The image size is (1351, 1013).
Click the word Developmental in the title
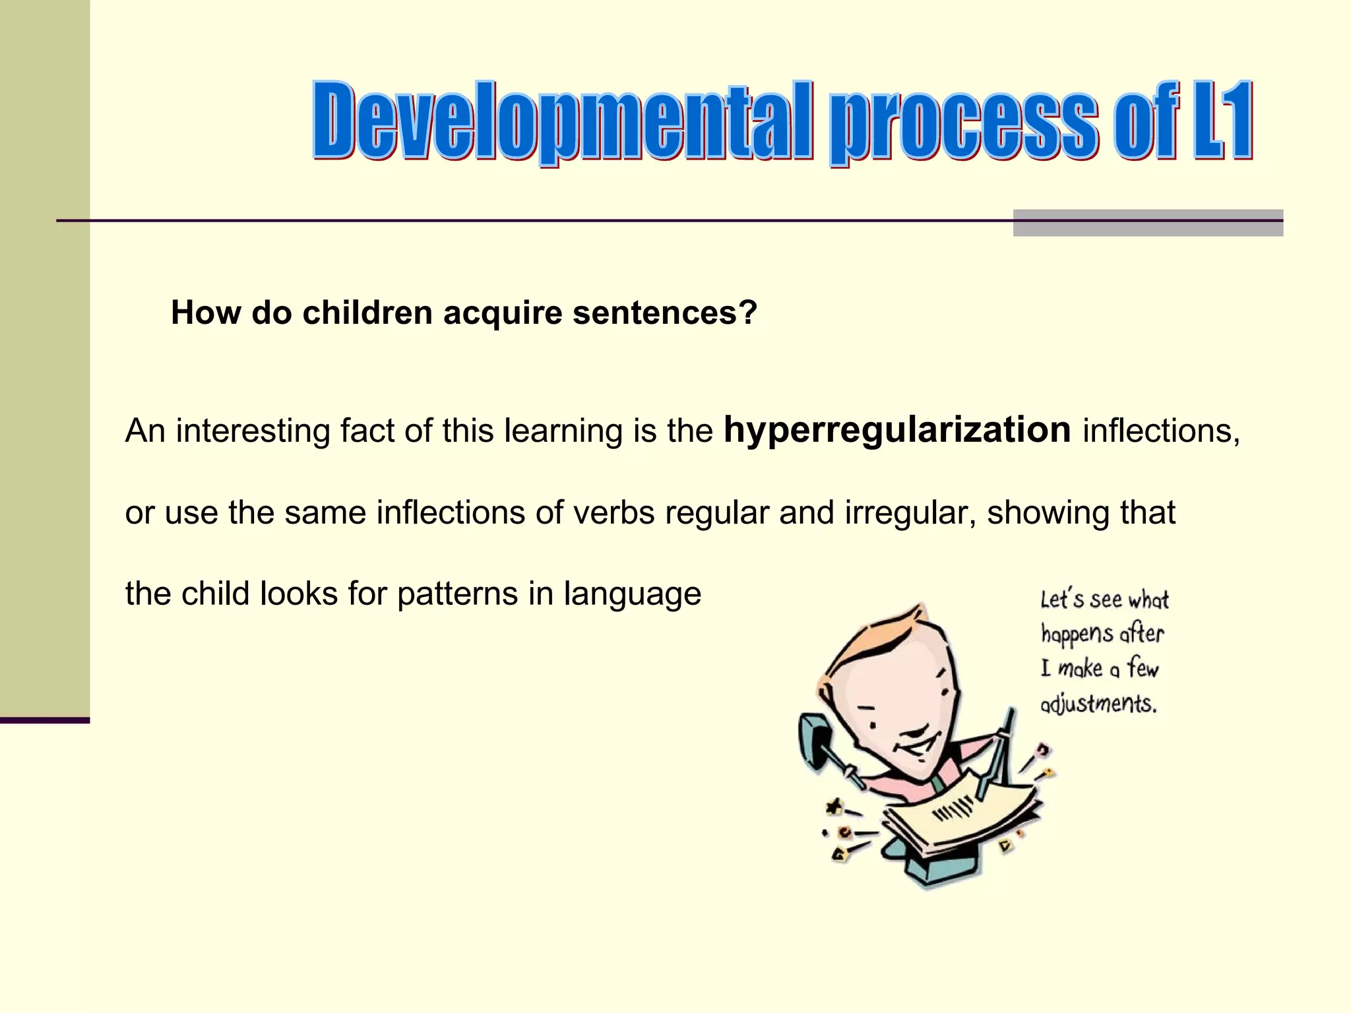tap(561, 122)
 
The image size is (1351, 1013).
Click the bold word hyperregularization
tap(896, 430)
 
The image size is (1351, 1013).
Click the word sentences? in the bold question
tap(664, 313)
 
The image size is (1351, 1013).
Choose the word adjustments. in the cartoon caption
tap(1098, 704)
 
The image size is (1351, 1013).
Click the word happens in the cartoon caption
tap(1077, 634)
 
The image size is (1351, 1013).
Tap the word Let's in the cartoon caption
tap(1062, 599)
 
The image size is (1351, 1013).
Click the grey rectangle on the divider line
tap(1147, 223)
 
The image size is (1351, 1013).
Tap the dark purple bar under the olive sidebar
tap(44, 720)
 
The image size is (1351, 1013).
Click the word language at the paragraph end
tap(632, 594)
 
